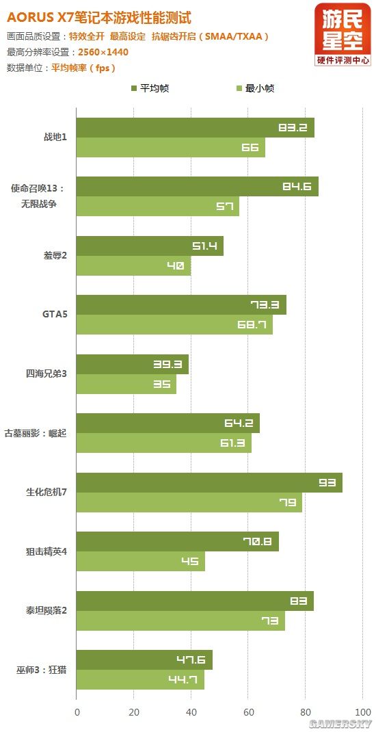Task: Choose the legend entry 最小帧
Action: coord(255,88)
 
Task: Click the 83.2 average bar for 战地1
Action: coord(195,128)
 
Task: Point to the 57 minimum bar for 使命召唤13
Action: coord(157,207)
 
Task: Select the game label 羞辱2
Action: coord(55,256)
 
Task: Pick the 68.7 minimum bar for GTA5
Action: coord(174,325)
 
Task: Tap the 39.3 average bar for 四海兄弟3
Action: coord(132,365)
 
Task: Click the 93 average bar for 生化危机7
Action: coord(209,482)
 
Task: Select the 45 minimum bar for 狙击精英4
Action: coord(140,561)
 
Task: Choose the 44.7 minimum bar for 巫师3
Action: coord(140,679)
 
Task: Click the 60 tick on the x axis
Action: coord(249,711)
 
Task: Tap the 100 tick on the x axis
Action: coord(363,711)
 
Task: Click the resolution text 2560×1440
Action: coord(103,52)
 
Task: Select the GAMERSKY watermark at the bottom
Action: coord(340,723)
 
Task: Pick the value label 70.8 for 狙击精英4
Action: coord(258,541)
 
